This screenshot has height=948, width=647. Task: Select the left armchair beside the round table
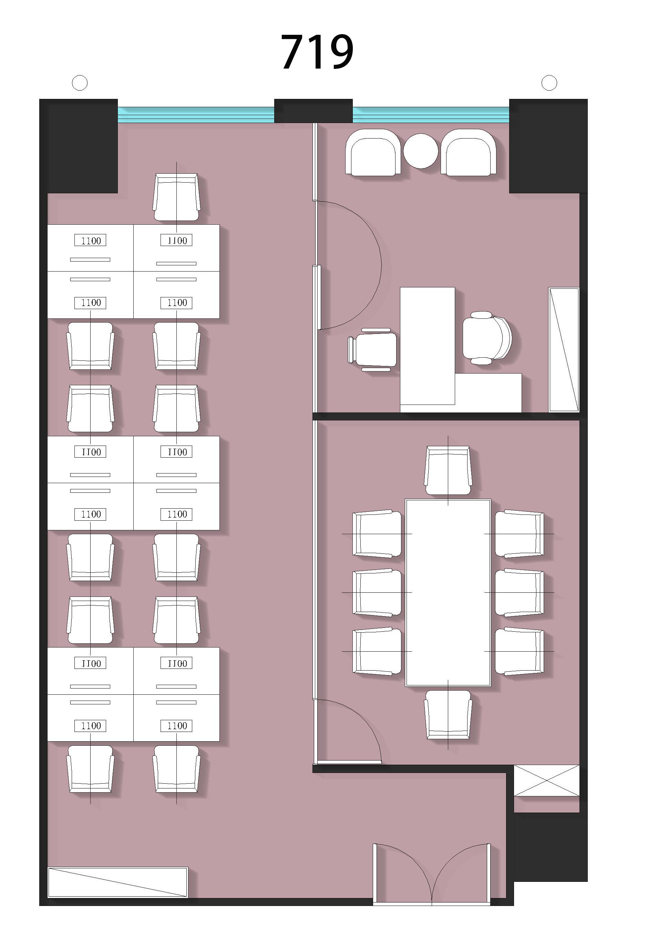373,152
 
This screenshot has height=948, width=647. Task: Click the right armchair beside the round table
469,152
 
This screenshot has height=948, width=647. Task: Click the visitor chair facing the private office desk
372,349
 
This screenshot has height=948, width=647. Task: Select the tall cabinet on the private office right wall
564,349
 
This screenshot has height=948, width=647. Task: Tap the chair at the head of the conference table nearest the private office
448,470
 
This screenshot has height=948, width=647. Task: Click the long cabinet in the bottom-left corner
118,882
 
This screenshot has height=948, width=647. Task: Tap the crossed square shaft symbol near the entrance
546,780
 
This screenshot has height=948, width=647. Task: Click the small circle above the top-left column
80,83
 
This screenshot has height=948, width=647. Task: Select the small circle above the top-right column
549,83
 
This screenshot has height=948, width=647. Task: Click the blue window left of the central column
196,115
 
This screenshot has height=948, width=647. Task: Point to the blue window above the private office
431,115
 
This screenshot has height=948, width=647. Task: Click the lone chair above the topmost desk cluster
176,197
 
